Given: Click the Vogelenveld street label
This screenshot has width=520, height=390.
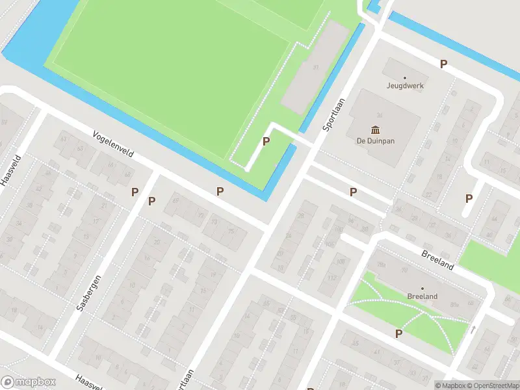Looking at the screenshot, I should [113, 145].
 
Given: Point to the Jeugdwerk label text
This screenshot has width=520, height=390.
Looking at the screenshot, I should [404, 86].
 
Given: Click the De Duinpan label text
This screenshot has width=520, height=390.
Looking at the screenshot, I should [375, 140].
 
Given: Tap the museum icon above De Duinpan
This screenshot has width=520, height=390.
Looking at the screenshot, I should [375, 129].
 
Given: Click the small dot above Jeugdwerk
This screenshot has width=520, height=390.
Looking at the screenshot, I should [404, 77].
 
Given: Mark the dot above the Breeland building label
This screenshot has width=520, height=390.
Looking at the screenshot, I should [422, 288].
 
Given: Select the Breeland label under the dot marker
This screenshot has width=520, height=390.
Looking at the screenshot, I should [422, 296].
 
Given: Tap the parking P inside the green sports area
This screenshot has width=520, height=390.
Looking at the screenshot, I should [265, 141].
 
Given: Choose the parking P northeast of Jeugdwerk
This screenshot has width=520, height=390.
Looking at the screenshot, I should [444, 64].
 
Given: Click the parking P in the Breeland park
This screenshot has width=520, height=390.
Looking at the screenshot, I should [398, 333].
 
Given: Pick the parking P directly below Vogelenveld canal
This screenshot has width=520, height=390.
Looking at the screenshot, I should [220, 191].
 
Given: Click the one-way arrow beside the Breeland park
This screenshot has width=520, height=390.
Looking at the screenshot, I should [473, 330].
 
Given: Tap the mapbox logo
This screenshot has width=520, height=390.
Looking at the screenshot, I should [29, 382].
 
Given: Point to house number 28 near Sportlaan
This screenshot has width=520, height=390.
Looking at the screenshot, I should [300, 216].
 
